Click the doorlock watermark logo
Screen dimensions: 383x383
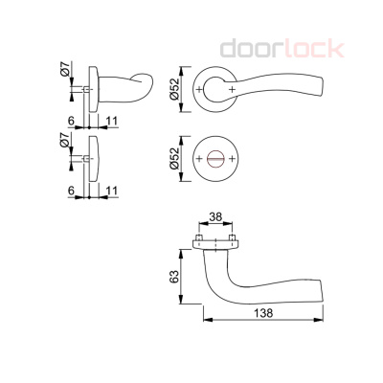(282, 48)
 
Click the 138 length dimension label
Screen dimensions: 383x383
(263, 313)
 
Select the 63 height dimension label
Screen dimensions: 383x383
(174, 277)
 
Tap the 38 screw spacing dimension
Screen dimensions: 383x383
(215, 217)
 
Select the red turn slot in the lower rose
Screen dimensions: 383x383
(215, 159)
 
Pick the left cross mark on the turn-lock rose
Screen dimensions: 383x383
(199, 158)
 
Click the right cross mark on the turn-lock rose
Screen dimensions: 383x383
(232, 158)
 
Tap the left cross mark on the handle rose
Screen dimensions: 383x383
(199, 89)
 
